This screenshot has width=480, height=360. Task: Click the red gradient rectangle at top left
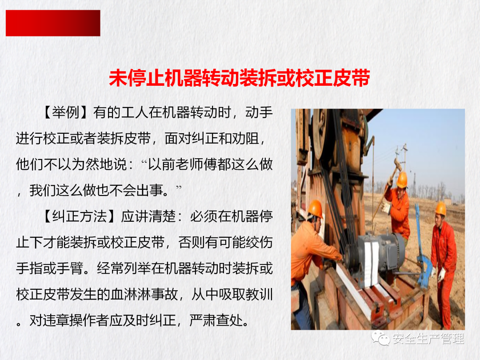coord(53,23)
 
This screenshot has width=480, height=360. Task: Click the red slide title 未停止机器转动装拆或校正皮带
coord(240,78)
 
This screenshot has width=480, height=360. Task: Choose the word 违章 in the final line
coord(56,320)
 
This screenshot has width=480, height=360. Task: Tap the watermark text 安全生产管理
coord(428,339)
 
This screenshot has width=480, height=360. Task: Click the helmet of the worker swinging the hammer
coord(402,180)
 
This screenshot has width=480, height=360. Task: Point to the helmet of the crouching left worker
coord(315,208)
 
